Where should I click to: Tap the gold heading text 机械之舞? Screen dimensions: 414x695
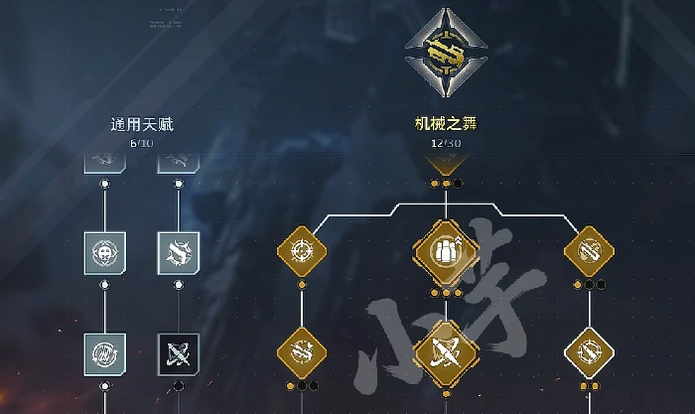pos(445,125)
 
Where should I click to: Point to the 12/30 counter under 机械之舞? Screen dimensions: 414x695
pos(445,143)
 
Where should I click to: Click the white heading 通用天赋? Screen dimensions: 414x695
pos(141,125)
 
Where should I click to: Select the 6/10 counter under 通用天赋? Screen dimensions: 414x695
pos(141,143)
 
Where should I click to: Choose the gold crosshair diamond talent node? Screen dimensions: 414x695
pos(302,252)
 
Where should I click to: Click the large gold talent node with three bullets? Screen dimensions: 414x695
pos(446,251)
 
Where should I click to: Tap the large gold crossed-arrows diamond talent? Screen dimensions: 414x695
pos(446,353)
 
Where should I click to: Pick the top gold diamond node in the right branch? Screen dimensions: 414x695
pos(590,252)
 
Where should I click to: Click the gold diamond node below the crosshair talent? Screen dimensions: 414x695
pos(302,353)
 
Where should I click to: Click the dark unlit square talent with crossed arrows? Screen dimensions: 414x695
pos(179,353)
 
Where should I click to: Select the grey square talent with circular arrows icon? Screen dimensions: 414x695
pos(105,353)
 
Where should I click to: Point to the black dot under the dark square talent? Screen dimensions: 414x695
pos(179,386)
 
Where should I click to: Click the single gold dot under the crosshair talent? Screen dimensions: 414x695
pos(302,285)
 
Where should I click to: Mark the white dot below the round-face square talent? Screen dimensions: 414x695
pos(105,285)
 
